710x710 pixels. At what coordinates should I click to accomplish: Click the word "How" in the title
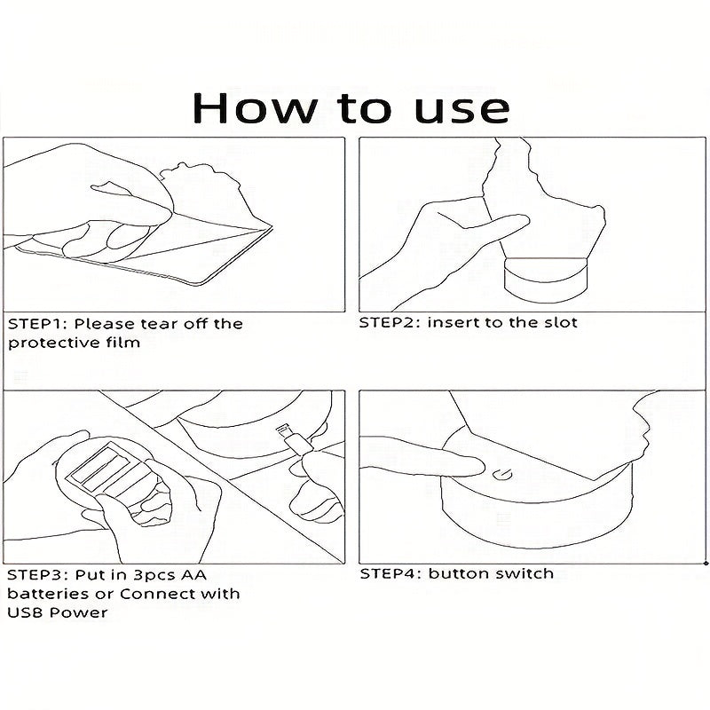(x=255, y=107)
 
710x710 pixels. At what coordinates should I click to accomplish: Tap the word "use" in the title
(x=461, y=110)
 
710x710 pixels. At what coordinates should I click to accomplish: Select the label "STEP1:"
(x=37, y=324)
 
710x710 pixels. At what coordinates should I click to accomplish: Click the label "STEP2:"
(x=390, y=323)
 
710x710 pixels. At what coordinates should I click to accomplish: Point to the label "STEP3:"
(x=37, y=575)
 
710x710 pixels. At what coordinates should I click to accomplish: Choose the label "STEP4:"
(x=390, y=573)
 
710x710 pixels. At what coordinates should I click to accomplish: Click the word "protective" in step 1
(x=53, y=343)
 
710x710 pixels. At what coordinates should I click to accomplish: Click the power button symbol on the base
(x=503, y=475)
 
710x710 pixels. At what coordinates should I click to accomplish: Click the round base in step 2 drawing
(x=546, y=280)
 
